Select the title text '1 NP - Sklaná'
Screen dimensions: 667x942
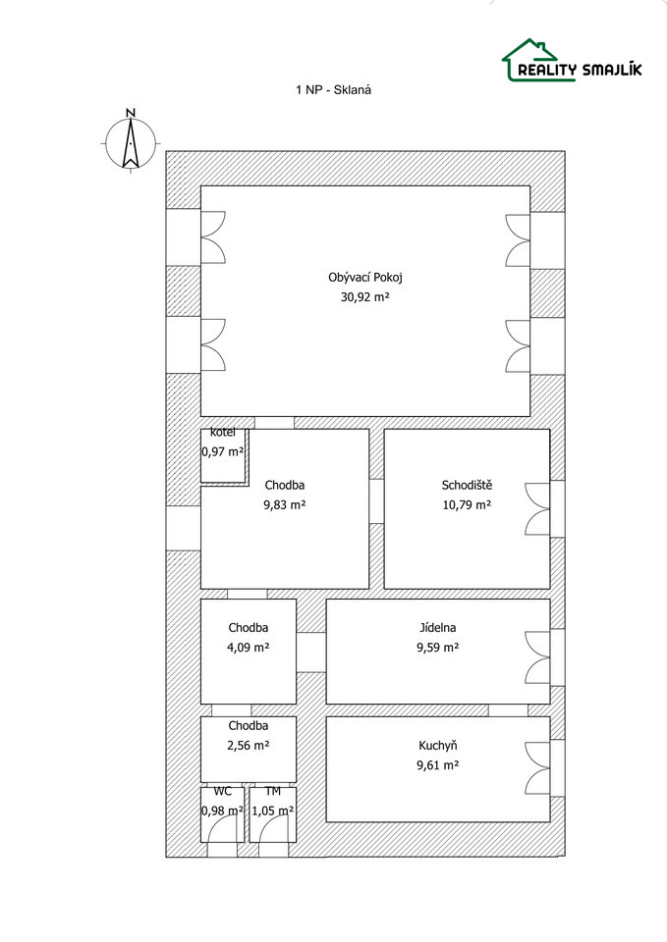[x=333, y=90]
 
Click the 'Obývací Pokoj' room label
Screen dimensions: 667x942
[x=365, y=278]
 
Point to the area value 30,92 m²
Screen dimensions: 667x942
[x=365, y=296]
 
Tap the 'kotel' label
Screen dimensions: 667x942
[x=223, y=433]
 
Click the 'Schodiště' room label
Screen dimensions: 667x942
[x=467, y=485]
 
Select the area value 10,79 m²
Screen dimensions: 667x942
[x=467, y=504]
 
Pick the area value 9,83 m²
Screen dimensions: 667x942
[x=285, y=504]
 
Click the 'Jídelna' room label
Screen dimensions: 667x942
[x=438, y=628]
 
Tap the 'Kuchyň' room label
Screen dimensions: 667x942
[x=438, y=746]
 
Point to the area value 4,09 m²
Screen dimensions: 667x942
[x=249, y=648]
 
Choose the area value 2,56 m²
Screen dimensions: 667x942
[x=249, y=746]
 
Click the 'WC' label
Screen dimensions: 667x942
[x=223, y=791]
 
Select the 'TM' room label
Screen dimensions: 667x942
[x=272, y=791]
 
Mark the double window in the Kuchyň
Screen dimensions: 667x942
[x=538, y=768]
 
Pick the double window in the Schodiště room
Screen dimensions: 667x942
[x=538, y=509]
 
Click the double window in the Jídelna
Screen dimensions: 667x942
[x=538, y=657]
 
